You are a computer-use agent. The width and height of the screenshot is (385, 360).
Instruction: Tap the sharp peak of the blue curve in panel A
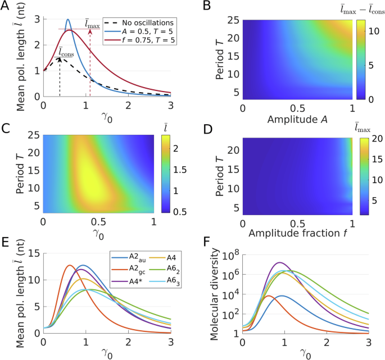click(x=68, y=20)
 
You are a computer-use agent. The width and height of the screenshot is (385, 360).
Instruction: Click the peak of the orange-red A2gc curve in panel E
click(x=69, y=265)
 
